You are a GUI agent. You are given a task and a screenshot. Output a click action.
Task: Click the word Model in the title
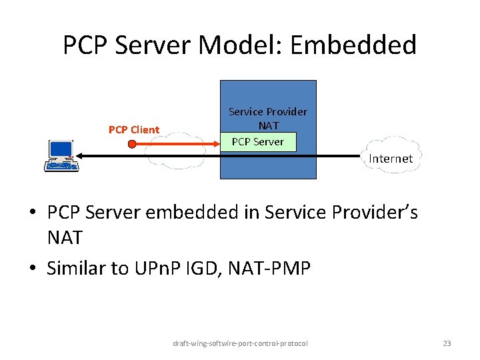[248, 45]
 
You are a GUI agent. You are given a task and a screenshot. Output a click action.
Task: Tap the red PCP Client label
[134, 129]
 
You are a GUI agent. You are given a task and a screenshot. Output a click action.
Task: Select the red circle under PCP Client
[132, 143]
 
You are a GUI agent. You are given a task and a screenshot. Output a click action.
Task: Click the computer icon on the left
[61, 155]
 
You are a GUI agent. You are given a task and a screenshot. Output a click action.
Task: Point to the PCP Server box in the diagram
[257, 141]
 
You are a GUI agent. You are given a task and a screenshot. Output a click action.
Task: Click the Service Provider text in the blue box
[268, 111]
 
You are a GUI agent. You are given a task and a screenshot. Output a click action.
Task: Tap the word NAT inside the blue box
[268, 125]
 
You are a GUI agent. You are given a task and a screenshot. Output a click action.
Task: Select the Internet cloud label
[391, 159]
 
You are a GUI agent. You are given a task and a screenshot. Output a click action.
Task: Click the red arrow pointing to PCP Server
[180, 143]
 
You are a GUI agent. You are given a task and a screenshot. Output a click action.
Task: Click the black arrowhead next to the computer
[78, 155]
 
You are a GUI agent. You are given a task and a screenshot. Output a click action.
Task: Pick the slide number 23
[447, 343]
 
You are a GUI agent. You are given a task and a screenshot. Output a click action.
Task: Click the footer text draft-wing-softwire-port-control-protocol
[240, 343]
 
